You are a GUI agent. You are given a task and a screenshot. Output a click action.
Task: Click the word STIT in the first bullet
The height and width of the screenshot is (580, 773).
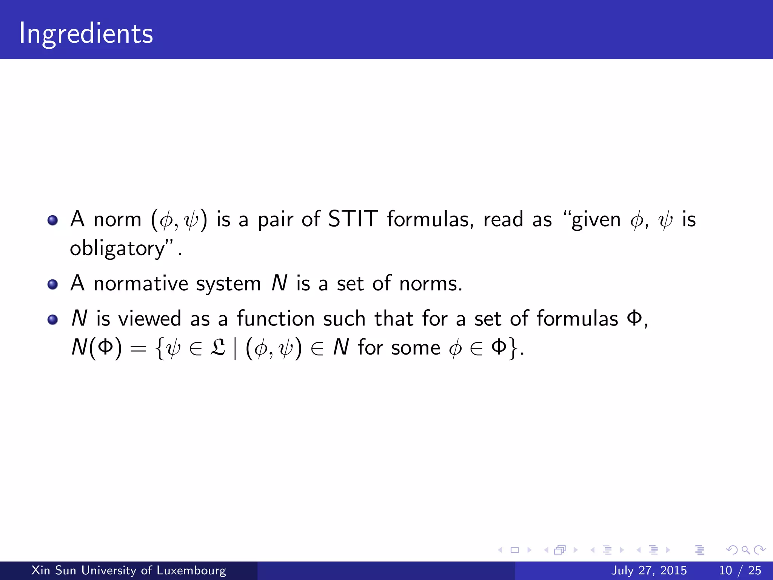click(353, 219)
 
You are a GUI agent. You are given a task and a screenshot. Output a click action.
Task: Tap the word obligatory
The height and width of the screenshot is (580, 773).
click(118, 249)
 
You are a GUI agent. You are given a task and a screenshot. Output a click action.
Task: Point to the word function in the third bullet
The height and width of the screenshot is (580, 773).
click(276, 318)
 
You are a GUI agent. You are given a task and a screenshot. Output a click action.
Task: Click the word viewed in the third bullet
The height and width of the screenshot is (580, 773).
click(150, 318)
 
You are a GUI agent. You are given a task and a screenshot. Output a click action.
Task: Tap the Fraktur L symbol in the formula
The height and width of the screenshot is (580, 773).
click(218, 347)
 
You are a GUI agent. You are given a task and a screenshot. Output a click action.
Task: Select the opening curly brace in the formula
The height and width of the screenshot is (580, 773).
click(160, 348)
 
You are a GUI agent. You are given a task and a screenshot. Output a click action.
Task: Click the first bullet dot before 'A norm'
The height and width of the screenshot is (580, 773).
click(52, 220)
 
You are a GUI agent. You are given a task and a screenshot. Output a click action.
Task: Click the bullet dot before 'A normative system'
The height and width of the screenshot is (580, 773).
click(52, 284)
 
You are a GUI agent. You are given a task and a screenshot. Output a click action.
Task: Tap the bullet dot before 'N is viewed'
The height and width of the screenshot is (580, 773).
click(52, 320)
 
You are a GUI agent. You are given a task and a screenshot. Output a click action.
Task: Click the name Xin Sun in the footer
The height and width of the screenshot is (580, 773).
click(54, 570)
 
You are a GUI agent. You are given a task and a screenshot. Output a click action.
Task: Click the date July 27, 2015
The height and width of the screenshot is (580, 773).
click(649, 570)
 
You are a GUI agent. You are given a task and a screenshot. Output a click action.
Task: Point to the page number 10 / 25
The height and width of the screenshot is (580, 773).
click(740, 570)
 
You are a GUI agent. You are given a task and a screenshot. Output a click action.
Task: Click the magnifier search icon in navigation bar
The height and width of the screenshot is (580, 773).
click(745, 550)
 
